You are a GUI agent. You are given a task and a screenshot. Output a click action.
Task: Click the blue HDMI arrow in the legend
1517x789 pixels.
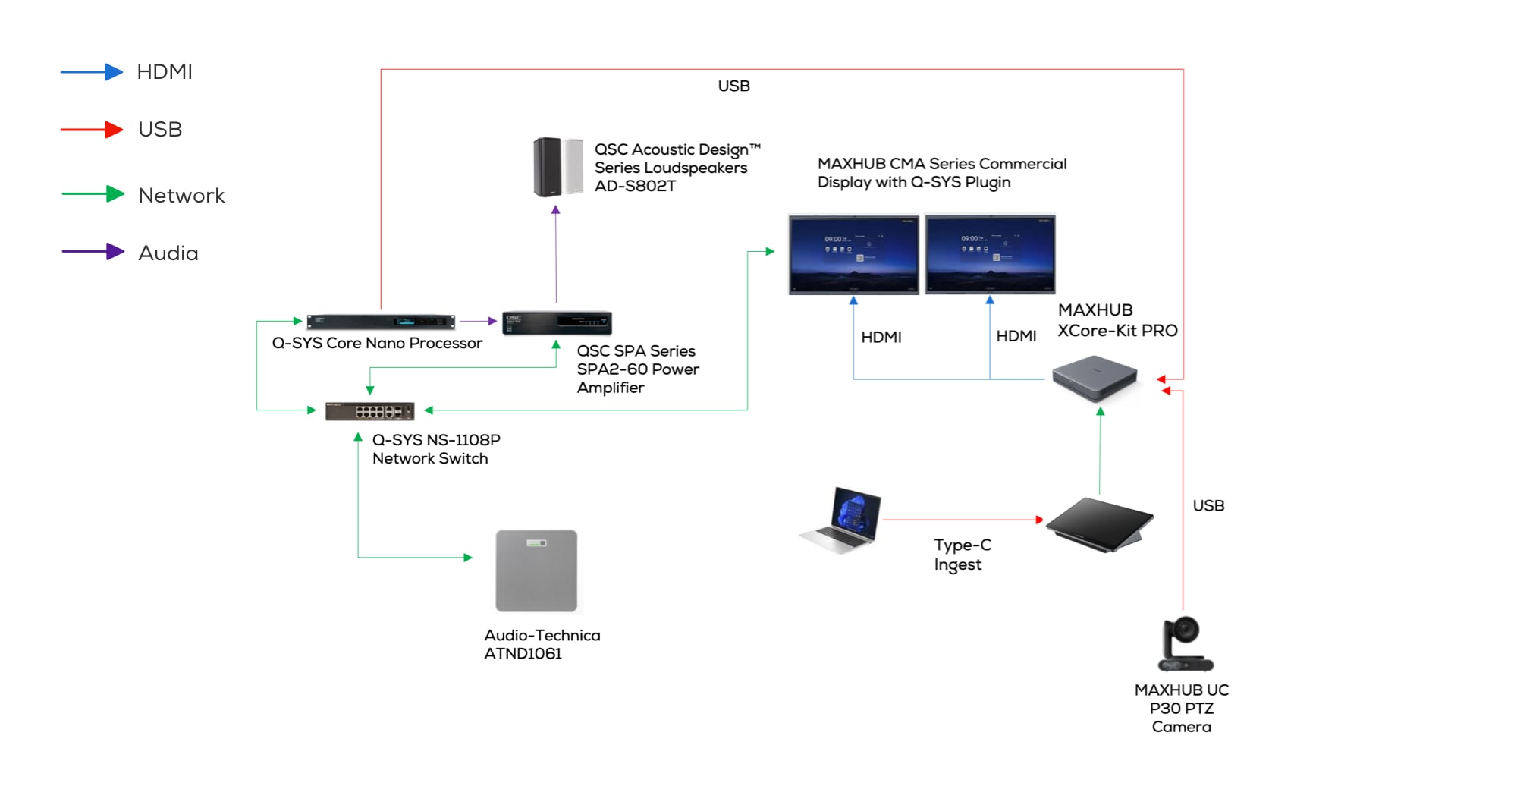92,72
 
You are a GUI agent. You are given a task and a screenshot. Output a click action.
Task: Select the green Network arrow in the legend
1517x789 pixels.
93,194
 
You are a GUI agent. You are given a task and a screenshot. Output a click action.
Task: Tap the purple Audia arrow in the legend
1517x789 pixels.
93,252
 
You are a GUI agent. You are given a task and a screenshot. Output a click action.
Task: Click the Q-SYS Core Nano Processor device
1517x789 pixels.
380,322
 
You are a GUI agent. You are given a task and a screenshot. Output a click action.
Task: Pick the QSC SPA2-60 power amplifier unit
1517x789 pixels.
557,322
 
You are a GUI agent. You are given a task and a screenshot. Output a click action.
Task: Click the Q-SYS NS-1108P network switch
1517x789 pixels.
369,411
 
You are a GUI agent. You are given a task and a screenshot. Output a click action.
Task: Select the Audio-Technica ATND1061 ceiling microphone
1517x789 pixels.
536,571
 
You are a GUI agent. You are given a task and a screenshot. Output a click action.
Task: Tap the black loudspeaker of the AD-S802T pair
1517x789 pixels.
546,166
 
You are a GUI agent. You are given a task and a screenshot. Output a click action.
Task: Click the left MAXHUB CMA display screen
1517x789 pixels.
853,254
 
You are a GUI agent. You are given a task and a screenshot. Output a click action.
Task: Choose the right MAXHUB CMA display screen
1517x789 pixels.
990,254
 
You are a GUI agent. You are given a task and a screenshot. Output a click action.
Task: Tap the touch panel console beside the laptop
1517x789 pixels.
1099,524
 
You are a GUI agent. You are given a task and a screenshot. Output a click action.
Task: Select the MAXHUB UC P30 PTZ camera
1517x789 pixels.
1183,644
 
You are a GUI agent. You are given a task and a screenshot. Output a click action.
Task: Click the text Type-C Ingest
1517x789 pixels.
961,555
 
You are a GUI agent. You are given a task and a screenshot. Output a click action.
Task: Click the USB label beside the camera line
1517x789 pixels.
1208,506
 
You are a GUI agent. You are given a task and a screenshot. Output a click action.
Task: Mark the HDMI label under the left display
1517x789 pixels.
881,337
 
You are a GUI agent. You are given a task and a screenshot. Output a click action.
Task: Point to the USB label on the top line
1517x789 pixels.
733,86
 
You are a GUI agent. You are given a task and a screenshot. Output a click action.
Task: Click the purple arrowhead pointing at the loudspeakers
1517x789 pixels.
556,210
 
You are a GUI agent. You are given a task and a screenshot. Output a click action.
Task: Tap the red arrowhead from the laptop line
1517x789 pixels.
1039,520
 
